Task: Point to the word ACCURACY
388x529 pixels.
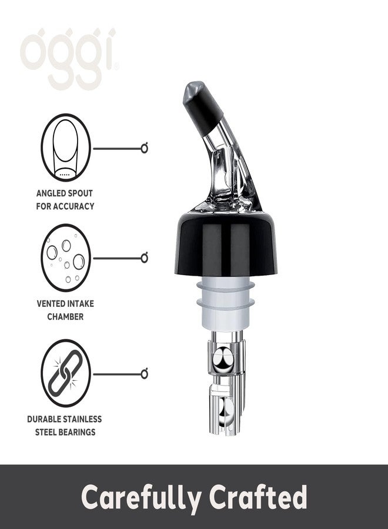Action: point(73,206)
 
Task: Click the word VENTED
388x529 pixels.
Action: point(50,303)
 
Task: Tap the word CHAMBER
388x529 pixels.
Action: point(65,316)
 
